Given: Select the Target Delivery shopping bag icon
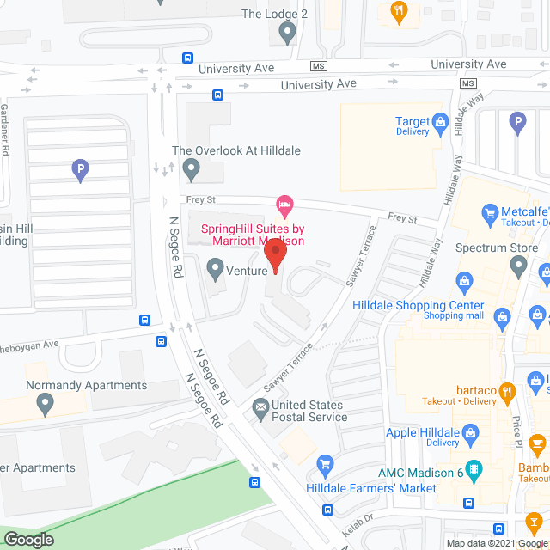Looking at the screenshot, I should (x=441, y=122).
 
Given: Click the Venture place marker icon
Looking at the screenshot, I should (x=215, y=272).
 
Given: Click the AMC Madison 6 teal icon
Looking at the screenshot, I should (x=477, y=470).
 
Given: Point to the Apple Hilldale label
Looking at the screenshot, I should (x=423, y=432).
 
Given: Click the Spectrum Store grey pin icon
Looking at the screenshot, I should (x=518, y=268).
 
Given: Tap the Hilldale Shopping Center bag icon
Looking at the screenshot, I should (x=464, y=280).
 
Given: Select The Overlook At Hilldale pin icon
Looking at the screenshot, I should (x=191, y=170).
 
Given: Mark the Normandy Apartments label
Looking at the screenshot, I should (x=86, y=386).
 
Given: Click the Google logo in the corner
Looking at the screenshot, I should (x=27, y=539).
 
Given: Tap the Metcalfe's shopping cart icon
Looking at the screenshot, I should (x=490, y=212).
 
